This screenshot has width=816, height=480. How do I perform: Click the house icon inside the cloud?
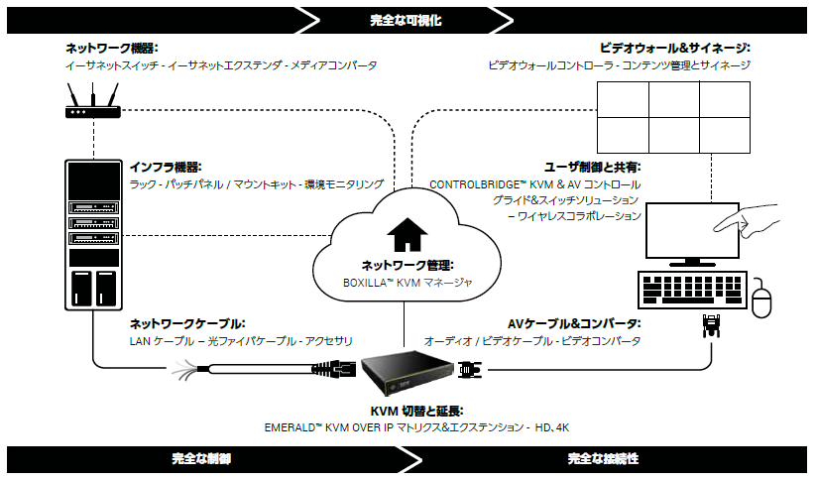coord(407,235)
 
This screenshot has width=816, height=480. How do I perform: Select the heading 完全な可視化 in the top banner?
coord(408,19)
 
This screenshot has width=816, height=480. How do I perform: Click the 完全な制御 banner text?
coord(201,459)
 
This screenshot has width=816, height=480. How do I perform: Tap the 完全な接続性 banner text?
coord(602,459)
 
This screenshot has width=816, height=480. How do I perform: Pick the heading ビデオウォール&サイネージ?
coord(674,48)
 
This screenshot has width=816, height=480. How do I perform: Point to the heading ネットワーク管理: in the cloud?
coord(407,265)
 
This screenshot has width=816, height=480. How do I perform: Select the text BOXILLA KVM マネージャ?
coord(407,283)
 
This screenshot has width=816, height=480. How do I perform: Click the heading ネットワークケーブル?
coord(187,323)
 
